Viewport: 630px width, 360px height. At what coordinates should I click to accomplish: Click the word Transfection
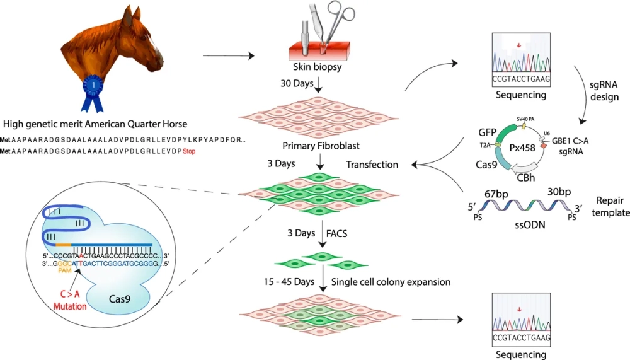[372, 165]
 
